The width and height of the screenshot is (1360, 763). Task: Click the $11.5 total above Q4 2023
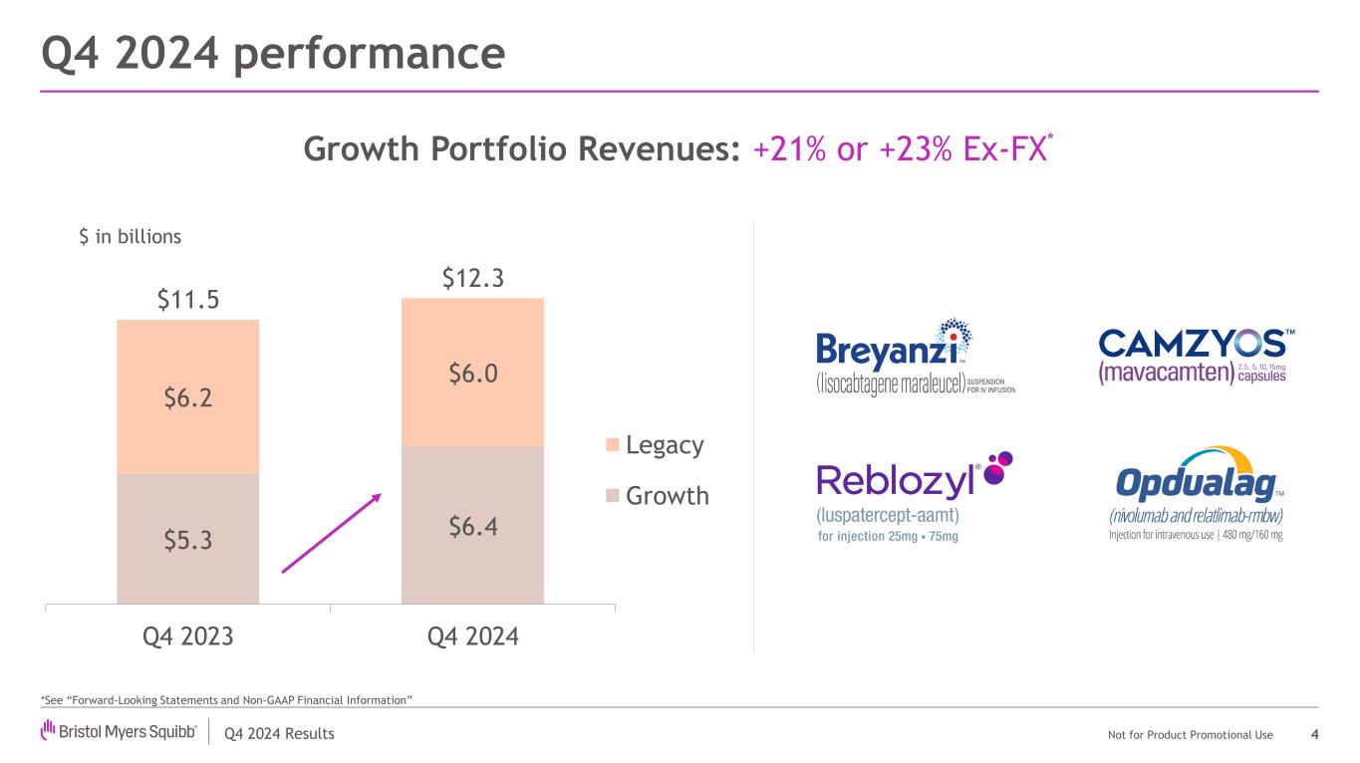pyautogui.click(x=188, y=300)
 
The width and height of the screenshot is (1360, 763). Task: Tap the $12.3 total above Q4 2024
pyautogui.click(x=472, y=278)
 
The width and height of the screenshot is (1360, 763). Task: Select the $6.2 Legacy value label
pyautogui.click(x=188, y=397)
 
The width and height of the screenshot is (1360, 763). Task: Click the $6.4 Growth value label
pyautogui.click(x=472, y=525)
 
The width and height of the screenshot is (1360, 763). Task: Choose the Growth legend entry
pyautogui.click(x=657, y=495)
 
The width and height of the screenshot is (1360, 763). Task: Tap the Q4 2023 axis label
pyautogui.click(x=188, y=636)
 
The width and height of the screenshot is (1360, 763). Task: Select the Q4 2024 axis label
pyautogui.click(x=472, y=636)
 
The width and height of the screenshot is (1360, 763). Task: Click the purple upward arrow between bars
pyautogui.click(x=332, y=532)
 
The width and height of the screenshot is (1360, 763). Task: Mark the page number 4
pyautogui.click(x=1315, y=735)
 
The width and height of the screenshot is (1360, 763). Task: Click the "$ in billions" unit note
pyautogui.click(x=130, y=237)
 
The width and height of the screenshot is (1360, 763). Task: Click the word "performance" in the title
pyautogui.click(x=369, y=54)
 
